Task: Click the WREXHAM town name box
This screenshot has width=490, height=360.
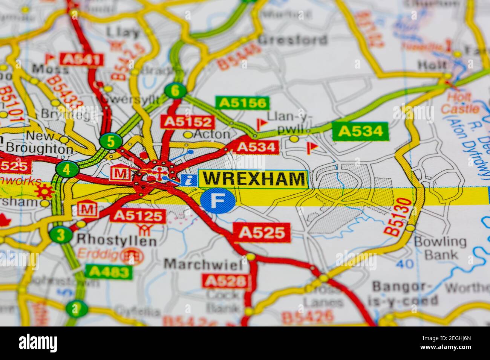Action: (x=253, y=178)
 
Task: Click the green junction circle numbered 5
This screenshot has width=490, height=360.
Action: (x=111, y=142)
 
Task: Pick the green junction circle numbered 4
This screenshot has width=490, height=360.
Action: (x=67, y=169)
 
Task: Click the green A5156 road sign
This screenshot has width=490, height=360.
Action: (x=242, y=103)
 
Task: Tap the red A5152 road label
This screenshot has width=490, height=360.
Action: (x=187, y=122)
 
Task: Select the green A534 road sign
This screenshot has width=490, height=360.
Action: (x=360, y=131)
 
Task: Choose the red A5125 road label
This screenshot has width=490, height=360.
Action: (x=138, y=215)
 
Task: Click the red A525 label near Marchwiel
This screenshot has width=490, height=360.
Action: (x=262, y=232)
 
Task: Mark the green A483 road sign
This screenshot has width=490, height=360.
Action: (x=109, y=272)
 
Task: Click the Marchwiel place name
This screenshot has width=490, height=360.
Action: (x=203, y=264)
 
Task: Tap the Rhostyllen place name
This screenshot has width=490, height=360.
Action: (x=116, y=241)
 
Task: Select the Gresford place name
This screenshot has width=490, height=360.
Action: (x=293, y=40)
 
